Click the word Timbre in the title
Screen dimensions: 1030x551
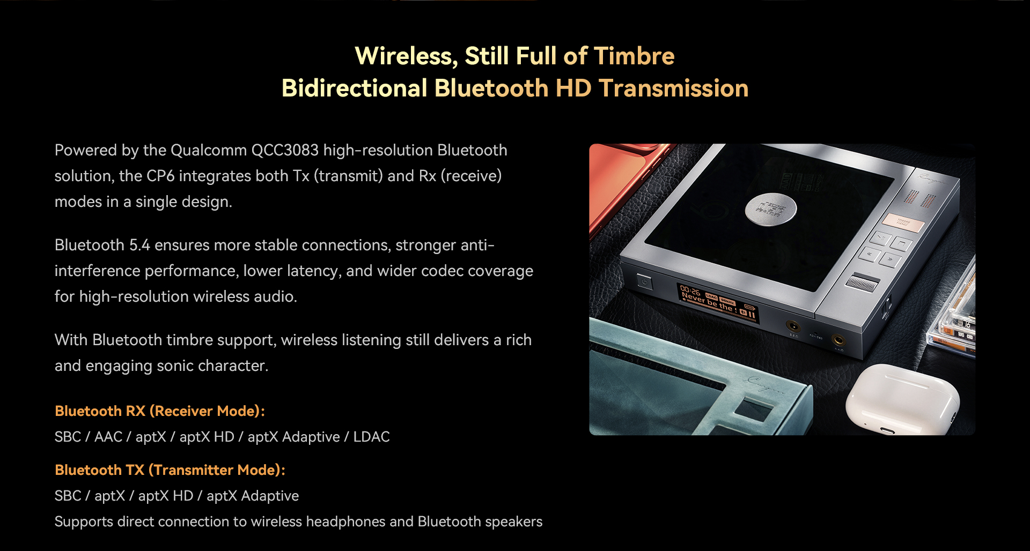point(634,56)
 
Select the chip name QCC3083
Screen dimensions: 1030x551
point(285,150)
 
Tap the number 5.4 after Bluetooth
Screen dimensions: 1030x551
point(139,245)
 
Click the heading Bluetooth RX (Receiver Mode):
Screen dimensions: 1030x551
point(160,411)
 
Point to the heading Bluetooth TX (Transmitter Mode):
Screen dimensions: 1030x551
point(170,470)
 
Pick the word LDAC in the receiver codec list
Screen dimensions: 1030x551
point(371,437)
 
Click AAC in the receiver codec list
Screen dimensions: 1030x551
point(108,437)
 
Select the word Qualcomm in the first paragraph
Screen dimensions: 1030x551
point(209,150)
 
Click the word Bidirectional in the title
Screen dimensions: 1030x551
point(355,88)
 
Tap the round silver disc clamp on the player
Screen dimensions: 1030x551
point(770,209)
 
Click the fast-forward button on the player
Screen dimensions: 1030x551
point(890,260)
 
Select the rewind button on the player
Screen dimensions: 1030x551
point(870,254)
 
